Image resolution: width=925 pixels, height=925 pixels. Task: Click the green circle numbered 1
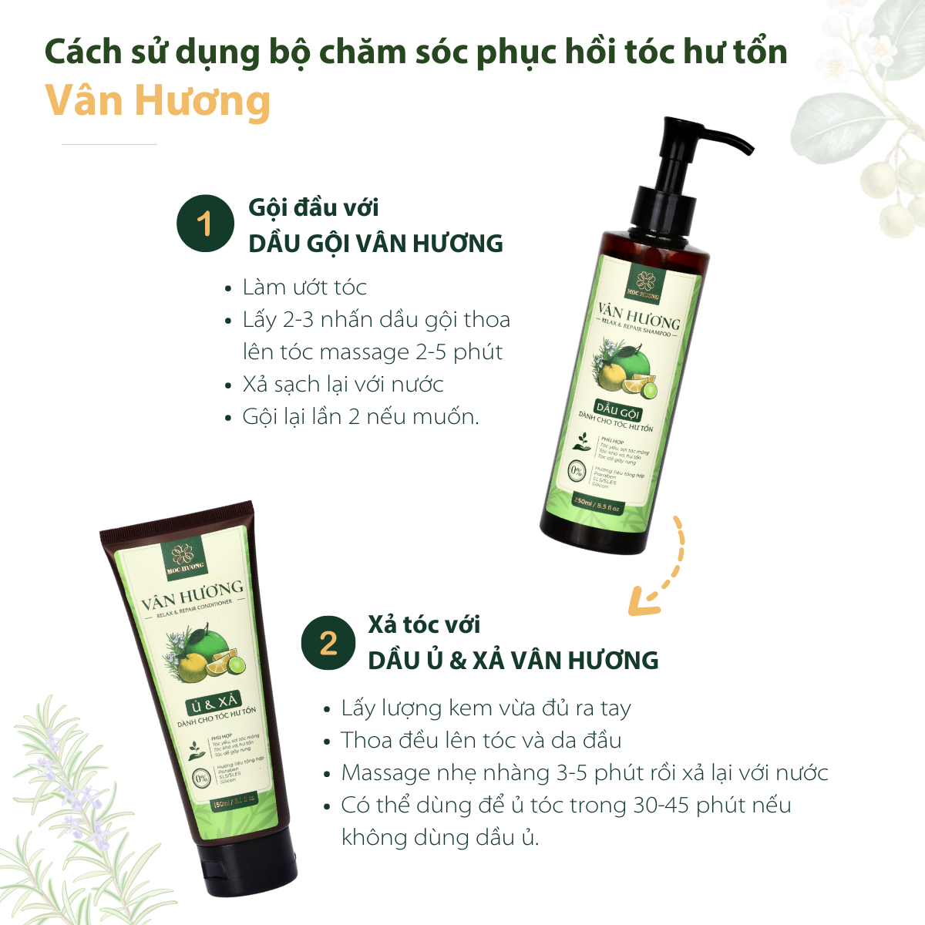click(x=204, y=224)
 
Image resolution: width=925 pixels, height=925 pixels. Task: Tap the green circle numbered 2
click(x=328, y=642)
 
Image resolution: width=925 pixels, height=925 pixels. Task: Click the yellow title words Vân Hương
click(x=158, y=101)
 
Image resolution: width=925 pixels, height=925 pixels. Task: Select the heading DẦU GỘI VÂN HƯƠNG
click(x=375, y=244)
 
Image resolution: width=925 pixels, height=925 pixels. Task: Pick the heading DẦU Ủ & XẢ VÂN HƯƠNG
click(x=513, y=661)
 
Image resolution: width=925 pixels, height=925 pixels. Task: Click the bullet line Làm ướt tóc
click(x=304, y=288)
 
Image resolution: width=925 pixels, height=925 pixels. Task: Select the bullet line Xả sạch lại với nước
click(x=343, y=385)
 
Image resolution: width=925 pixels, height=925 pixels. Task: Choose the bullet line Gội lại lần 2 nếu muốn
click(x=360, y=417)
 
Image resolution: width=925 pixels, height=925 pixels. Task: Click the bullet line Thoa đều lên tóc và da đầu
click(x=481, y=741)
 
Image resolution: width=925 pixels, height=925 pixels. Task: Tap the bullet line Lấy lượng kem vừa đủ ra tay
click(x=486, y=708)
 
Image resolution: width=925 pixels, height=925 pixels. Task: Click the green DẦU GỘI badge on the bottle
click(x=618, y=409)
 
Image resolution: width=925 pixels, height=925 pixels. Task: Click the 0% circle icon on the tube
click(x=201, y=778)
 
